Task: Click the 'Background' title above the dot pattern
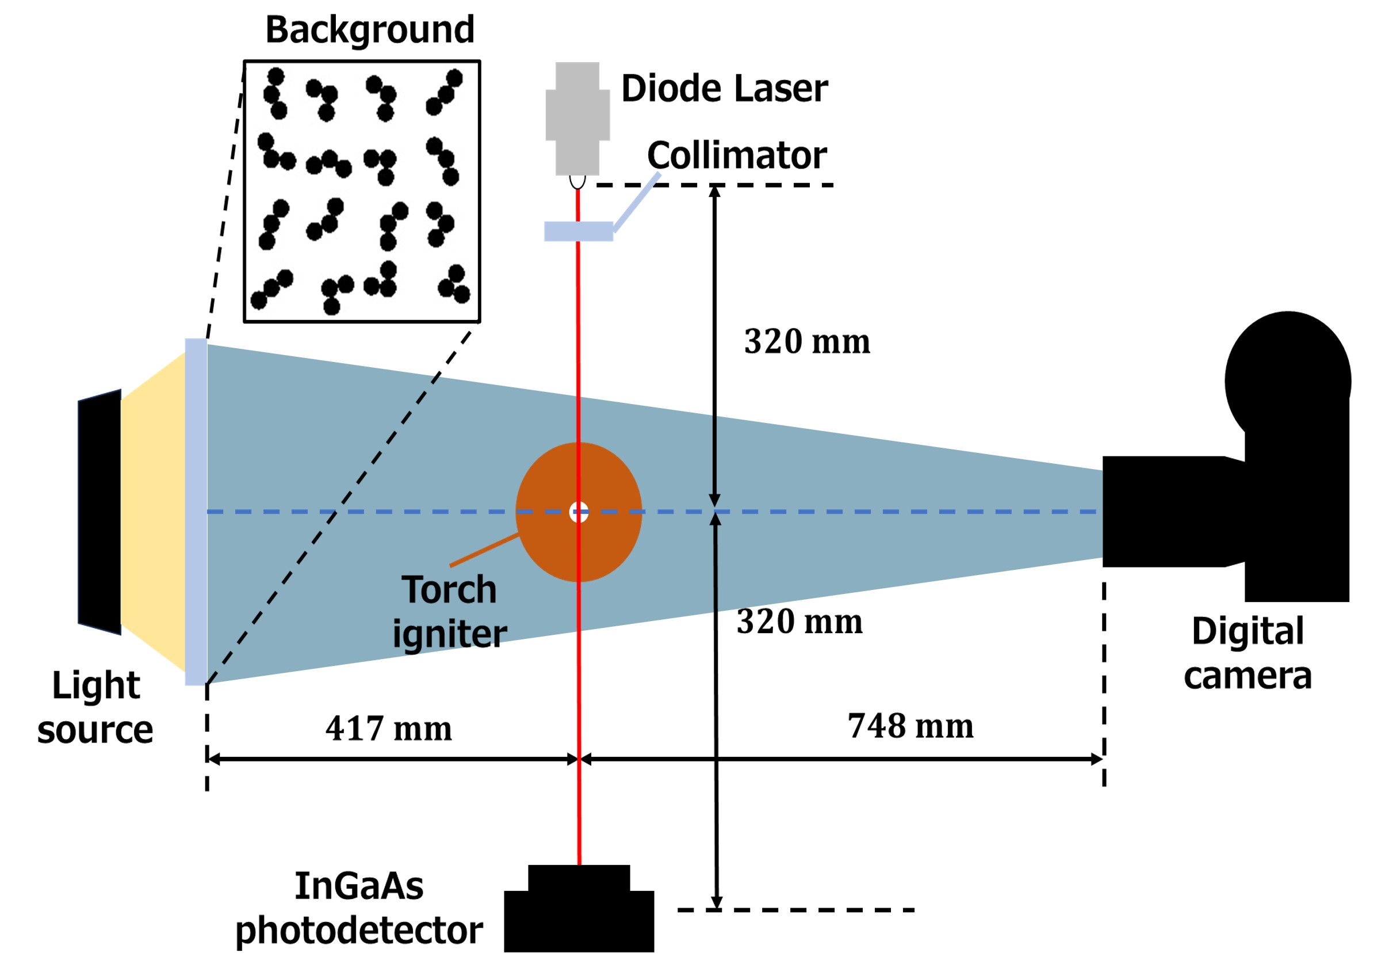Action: [x=370, y=29]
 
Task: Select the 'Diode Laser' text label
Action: [x=724, y=89]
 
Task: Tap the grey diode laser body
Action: [x=577, y=117]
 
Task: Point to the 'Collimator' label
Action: [x=737, y=156]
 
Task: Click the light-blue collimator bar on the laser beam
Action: [x=578, y=231]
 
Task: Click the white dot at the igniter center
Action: [x=579, y=512]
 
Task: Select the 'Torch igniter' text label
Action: [x=449, y=611]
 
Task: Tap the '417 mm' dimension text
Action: [x=388, y=729]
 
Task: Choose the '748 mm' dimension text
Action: [x=910, y=726]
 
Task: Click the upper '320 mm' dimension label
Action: [x=806, y=342]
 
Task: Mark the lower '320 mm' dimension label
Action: [x=799, y=622]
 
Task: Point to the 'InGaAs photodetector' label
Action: [x=359, y=908]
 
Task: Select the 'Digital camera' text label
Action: [x=1248, y=653]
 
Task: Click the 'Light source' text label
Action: [x=95, y=707]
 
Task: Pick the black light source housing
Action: [x=100, y=512]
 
